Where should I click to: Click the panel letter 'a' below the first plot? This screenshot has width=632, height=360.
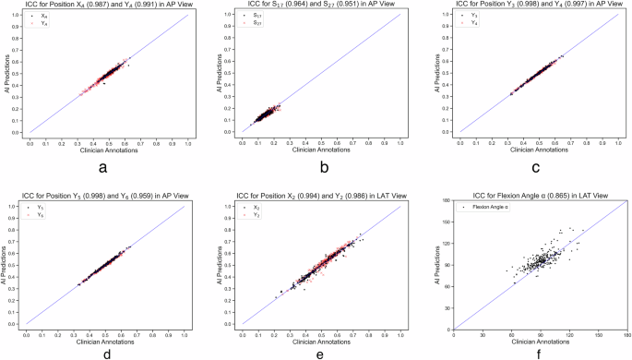coord(109,166)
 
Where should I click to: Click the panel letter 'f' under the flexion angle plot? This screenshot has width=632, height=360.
coord(540,352)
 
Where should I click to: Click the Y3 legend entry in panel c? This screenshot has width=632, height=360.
coord(464,18)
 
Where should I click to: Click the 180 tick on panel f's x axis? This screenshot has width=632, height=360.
coord(626,335)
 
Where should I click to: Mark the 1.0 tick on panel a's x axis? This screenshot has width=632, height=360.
coord(188,143)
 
